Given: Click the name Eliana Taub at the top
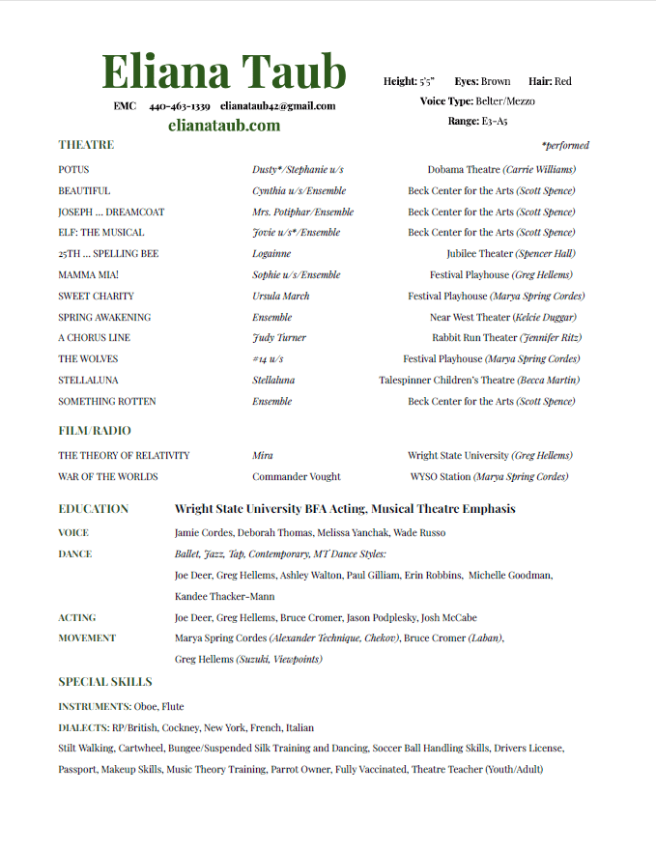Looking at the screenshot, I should click(x=223, y=71).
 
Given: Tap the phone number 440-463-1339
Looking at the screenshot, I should click(x=180, y=106).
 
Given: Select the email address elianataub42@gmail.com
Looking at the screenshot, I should click(x=277, y=106).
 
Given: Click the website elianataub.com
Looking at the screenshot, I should click(x=223, y=126).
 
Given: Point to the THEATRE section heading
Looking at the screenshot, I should click(x=86, y=145).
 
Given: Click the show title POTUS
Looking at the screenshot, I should click(x=73, y=169).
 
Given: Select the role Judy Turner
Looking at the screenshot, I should click(x=279, y=338).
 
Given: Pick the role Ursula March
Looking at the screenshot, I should click(x=281, y=296).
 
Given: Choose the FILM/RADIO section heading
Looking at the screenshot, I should click(x=94, y=431).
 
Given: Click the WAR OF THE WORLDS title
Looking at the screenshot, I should click(x=107, y=476).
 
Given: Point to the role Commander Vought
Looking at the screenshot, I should click(x=297, y=476).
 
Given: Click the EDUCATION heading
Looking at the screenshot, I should click(x=93, y=509).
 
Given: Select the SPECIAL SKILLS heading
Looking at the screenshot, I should click(x=104, y=682).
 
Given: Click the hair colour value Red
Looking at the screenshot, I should click(x=562, y=82).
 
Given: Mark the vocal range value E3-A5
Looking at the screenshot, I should click(x=495, y=122).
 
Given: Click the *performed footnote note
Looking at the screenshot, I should click(x=565, y=146).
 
